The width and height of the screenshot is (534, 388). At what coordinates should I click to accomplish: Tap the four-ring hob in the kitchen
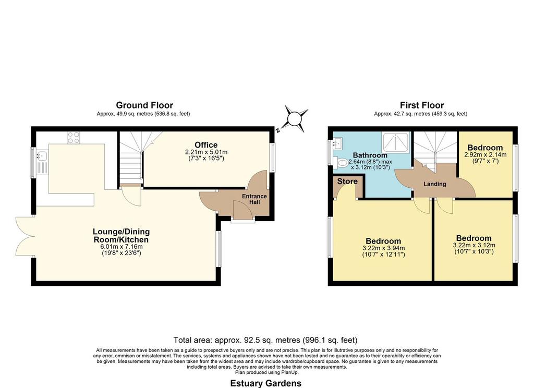(74, 138)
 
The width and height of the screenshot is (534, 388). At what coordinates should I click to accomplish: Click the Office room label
(206, 145)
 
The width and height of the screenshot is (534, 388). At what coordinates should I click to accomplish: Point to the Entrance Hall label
(254, 199)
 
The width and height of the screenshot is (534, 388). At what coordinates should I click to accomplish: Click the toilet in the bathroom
(341, 163)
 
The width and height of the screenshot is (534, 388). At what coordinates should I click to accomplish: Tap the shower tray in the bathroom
(395, 142)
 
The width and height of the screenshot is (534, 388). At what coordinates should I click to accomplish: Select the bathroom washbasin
(338, 144)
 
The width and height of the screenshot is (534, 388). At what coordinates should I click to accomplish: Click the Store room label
(347, 181)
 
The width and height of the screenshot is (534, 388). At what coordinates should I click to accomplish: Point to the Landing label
(434, 184)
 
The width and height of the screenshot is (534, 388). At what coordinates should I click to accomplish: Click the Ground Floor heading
(144, 105)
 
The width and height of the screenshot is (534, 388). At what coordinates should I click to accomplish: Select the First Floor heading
(422, 105)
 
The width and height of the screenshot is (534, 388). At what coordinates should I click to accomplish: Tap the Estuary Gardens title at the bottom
(265, 383)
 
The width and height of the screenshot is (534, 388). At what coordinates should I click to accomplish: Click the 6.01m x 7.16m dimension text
(122, 247)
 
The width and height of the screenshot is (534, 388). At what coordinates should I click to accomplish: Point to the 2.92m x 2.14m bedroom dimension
(486, 154)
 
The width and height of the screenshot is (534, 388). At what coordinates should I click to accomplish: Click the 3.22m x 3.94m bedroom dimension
(383, 248)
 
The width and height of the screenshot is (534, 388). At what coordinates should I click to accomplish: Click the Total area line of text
(265, 340)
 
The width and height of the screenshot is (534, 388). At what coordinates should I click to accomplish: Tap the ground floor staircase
(131, 159)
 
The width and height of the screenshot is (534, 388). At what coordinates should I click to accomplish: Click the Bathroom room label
(370, 155)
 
